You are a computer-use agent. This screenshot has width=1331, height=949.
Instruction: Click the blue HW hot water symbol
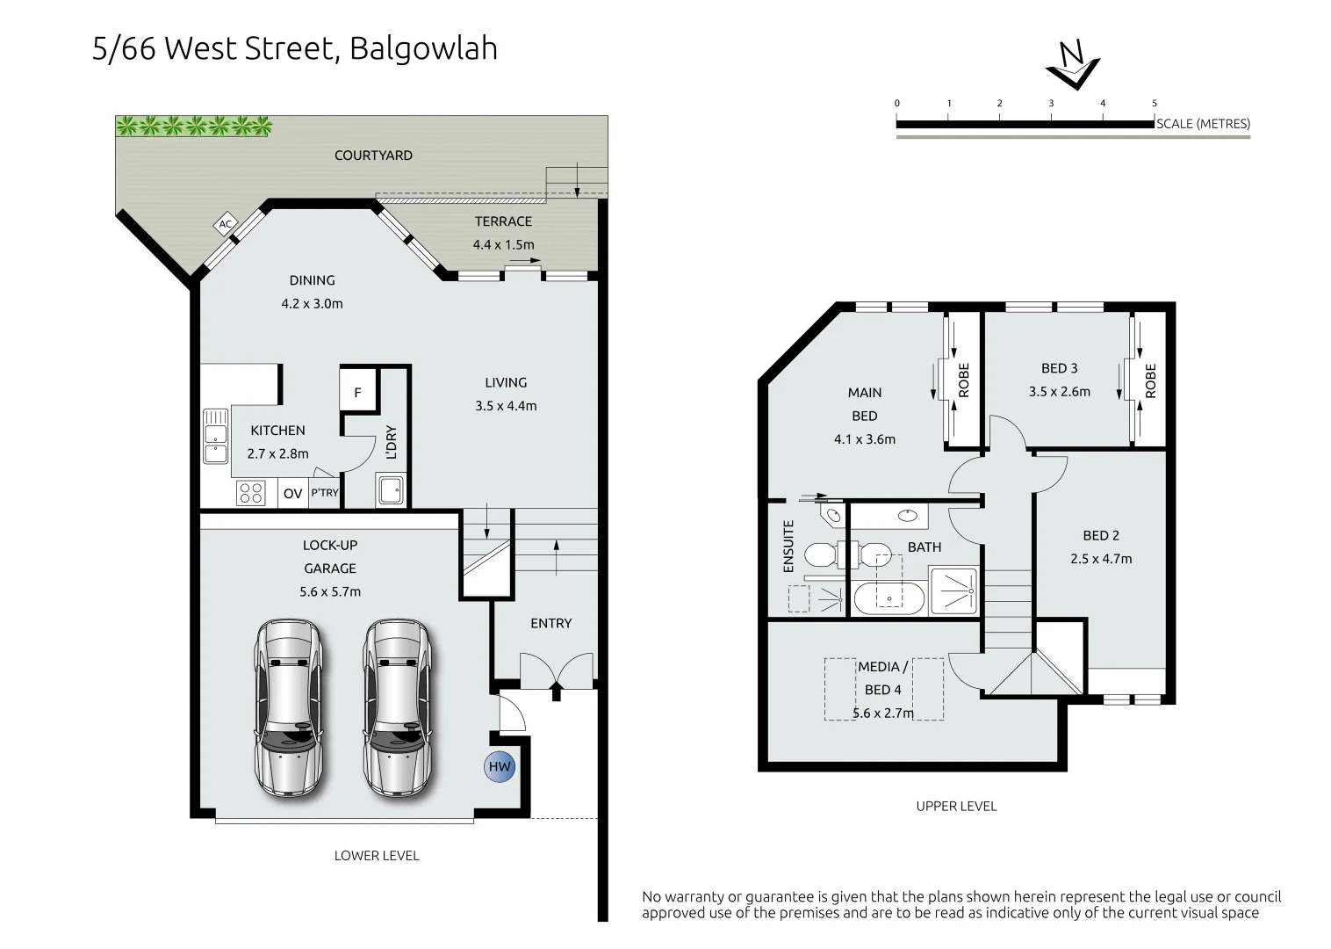click(x=500, y=766)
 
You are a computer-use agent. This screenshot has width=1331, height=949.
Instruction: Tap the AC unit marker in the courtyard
click(x=226, y=224)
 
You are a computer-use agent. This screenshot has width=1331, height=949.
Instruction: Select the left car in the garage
click(x=288, y=708)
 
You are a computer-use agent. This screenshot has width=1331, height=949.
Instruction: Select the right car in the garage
click(x=397, y=708)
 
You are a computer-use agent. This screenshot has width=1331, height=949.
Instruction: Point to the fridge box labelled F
click(x=357, y=392)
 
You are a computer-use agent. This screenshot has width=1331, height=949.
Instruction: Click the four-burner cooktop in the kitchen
click(x=251, y=493)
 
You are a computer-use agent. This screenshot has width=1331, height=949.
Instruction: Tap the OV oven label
click(x=292, y=494)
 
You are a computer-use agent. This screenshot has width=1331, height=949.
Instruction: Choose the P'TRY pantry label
click(x=324, y=493)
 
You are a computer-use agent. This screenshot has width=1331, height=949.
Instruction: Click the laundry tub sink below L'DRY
click(x=391, y=489)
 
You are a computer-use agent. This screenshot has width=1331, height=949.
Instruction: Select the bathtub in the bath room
click(x=889, y=598)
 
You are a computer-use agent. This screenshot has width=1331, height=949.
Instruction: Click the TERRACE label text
click(x=503, y=221)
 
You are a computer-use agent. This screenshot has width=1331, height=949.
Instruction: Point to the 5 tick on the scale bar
click(x=1154, y=104)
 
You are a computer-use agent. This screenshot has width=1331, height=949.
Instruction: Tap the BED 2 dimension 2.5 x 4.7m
click(x=1100, y=559)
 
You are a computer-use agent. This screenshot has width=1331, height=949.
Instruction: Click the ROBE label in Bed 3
click(x=1150, y=380)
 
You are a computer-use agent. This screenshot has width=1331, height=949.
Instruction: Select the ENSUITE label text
click(x=788, y=547)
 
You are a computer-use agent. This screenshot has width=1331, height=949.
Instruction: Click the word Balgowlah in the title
click(x=423, y=48)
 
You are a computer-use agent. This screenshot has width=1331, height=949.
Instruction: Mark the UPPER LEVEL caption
click(x=956, y=806)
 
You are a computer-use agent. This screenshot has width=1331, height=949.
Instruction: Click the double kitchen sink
click(x=215, y=436)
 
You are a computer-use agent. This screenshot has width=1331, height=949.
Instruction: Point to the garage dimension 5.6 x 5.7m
click(x=329, y=591)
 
